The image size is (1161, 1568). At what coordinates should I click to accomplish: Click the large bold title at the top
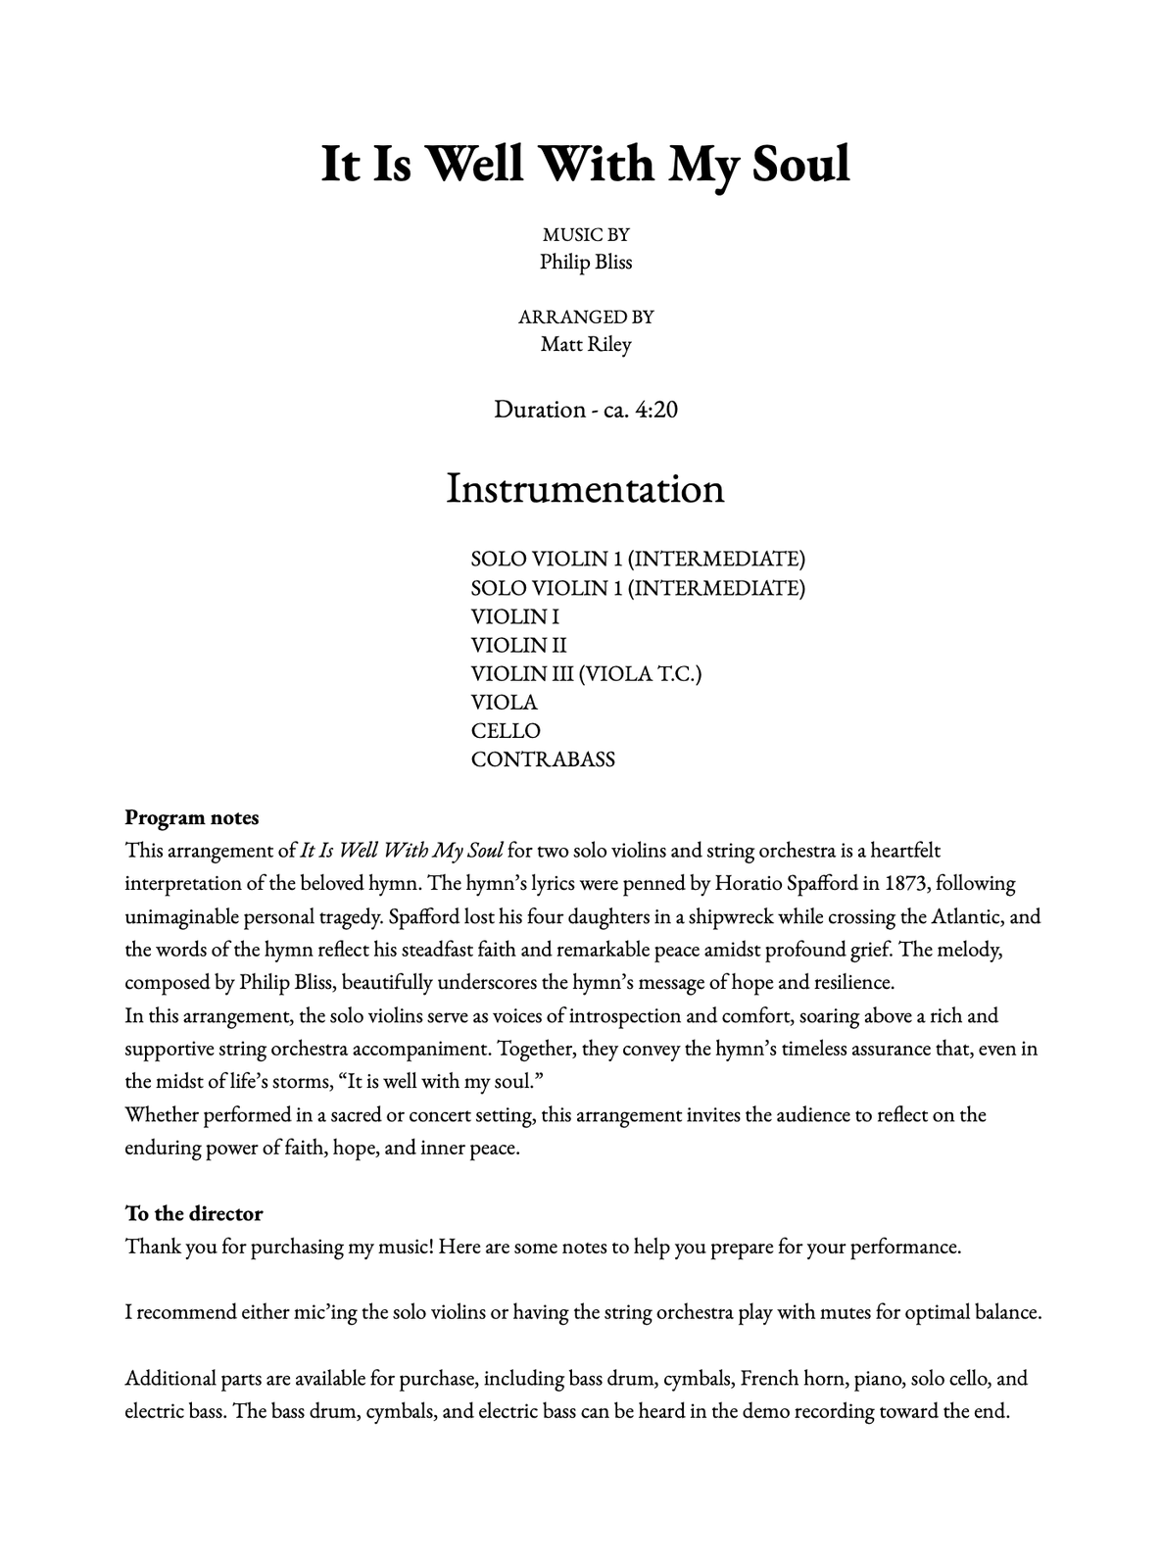585,164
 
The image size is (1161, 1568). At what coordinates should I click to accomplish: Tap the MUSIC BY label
586,234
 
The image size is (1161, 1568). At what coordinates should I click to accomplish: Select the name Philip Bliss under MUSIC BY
586,262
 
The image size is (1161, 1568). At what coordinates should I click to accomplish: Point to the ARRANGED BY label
586,317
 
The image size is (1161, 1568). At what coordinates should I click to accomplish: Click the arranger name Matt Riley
586,344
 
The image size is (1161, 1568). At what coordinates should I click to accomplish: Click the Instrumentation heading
585,488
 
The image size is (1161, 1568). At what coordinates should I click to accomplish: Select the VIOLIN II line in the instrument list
518,645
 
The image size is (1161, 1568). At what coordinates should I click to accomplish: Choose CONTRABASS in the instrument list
543,759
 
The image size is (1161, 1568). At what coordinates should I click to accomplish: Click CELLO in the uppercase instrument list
506,731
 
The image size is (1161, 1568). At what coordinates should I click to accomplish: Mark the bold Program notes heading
192,817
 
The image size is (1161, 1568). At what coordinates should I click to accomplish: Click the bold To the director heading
194,1213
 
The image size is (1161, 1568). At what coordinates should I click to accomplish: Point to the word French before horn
773,1378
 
